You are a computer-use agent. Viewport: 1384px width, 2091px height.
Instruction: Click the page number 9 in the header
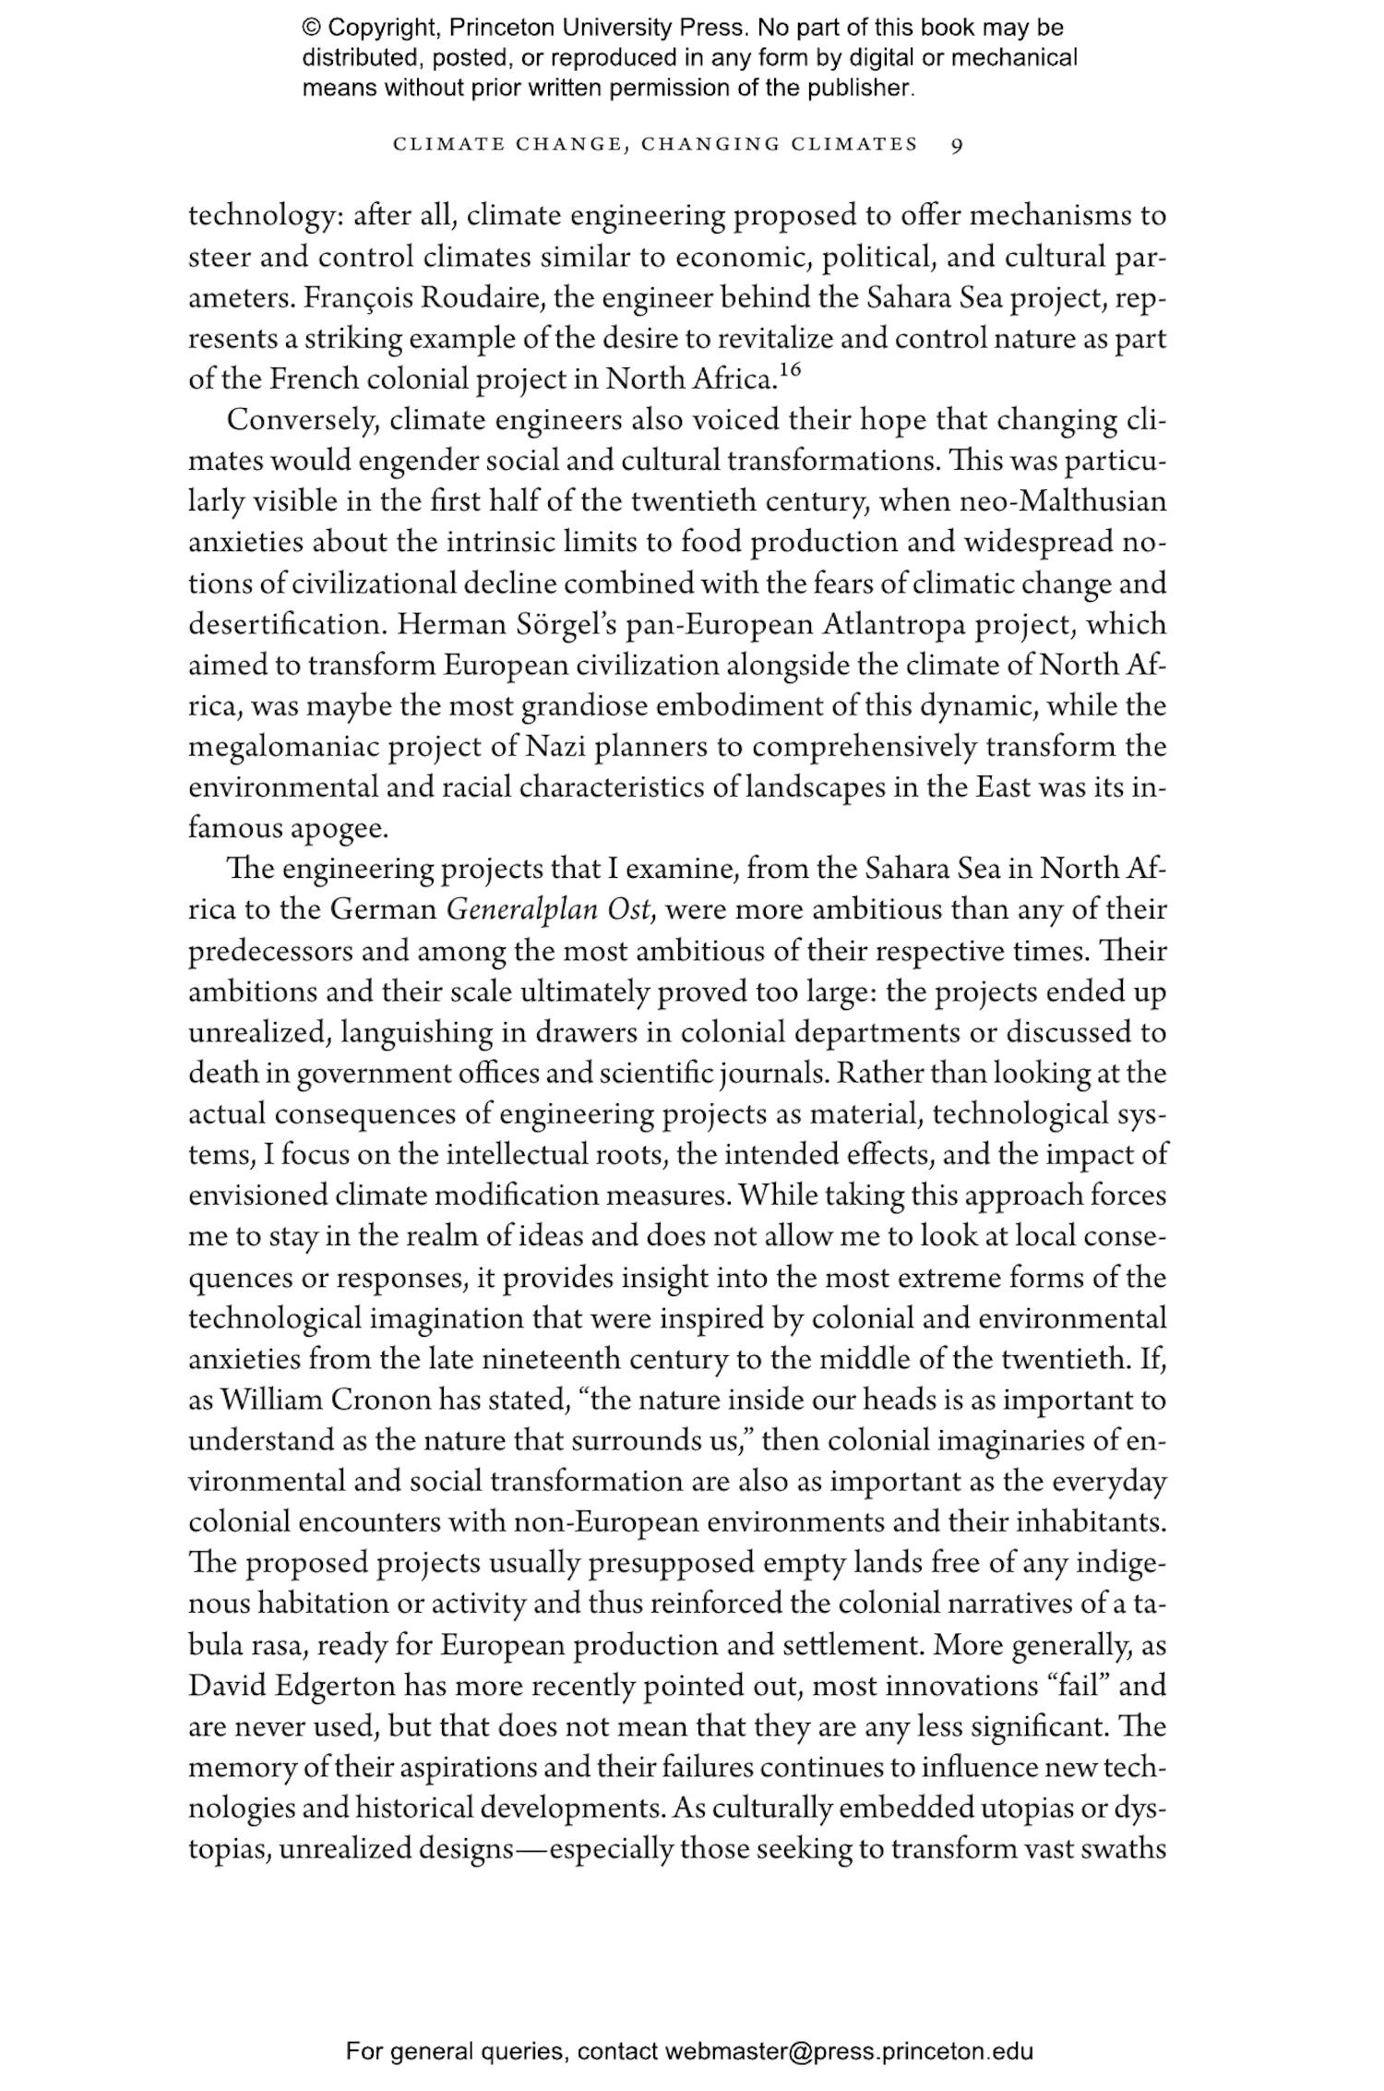[957, 145]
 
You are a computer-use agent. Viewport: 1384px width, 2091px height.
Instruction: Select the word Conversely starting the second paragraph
[303, 421]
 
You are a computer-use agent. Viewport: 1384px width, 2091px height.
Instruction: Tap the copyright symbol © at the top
[310, 28]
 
